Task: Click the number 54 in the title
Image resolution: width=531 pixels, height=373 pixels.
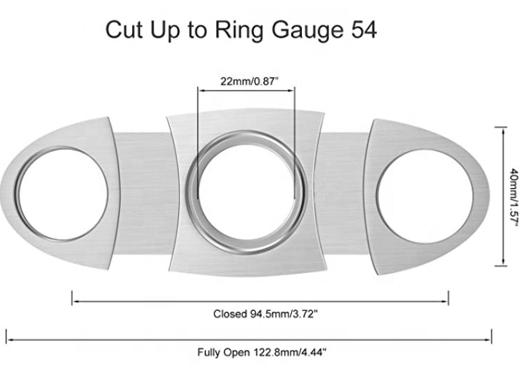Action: point(358,30)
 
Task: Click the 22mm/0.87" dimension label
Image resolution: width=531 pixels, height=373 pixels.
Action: point(246,81)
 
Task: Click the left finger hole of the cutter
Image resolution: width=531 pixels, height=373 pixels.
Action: point(62,194)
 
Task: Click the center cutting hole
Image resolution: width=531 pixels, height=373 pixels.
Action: point(246,189)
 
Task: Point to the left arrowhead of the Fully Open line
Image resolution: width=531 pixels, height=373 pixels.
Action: point(10,334)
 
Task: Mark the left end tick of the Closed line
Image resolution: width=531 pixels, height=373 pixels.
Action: point(73,297)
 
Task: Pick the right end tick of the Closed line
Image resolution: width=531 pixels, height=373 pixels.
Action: point(448,297)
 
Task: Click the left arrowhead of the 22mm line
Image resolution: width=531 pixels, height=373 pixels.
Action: point(201,90)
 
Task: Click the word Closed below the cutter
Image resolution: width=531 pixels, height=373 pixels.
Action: point(228,313)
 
